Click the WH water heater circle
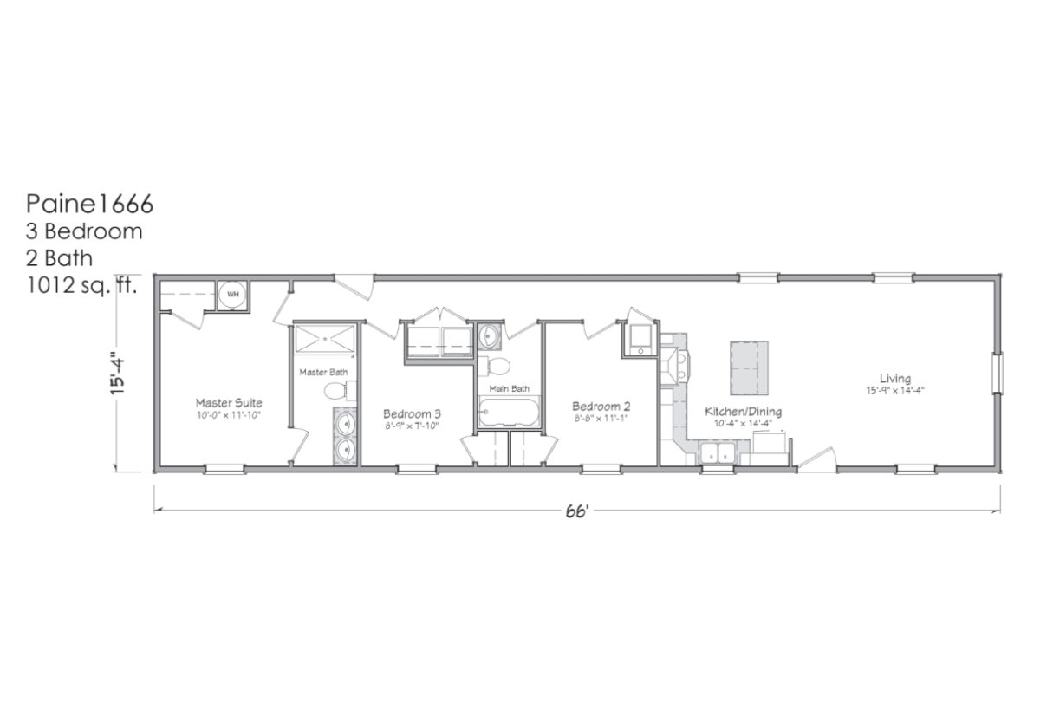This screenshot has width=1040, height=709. [233, 295]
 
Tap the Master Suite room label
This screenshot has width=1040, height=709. [229, 402]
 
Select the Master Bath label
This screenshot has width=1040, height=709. [323, 372]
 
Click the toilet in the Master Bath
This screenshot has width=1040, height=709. [340, 391]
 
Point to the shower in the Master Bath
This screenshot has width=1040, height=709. [325, 340]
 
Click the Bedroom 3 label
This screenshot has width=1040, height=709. [412, 413]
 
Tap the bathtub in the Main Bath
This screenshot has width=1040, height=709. [509, 412]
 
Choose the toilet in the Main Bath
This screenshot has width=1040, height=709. [494, 366]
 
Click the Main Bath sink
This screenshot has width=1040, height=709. [489, 335]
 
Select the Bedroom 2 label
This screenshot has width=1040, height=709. [601, 407]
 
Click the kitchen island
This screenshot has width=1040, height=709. [749, 368]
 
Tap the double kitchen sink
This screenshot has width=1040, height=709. [718, 452]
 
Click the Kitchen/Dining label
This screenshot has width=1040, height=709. [743, 412]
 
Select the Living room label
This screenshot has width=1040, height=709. [895, 379]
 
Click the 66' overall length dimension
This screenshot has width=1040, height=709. [577, 511]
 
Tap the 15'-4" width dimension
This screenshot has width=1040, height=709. [118, 375]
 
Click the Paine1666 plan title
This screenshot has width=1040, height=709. [89, 204]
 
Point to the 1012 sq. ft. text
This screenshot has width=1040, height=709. [81, 285]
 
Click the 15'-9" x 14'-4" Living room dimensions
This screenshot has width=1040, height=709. [895, 391]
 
